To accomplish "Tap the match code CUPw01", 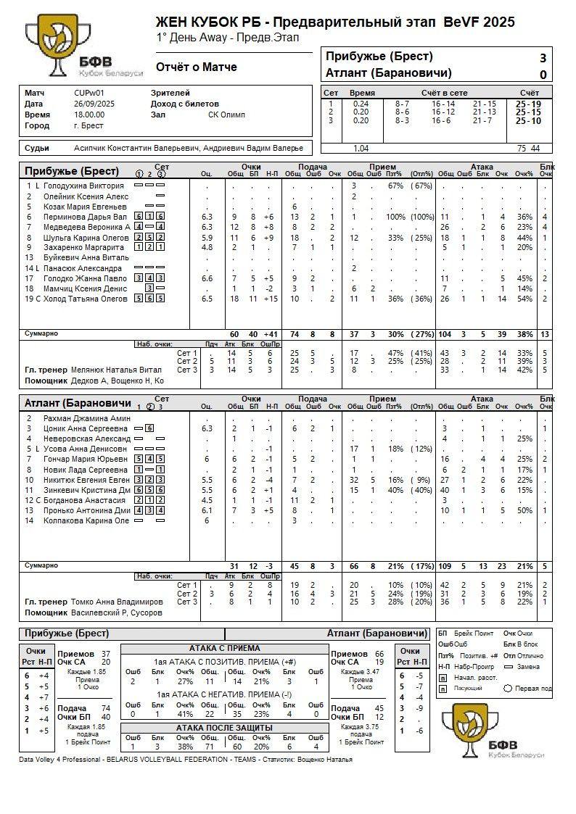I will coord(89,93).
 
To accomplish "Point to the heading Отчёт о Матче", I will coord(197,67).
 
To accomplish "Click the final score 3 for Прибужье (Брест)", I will coord(543,58).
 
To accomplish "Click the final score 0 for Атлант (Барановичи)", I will coord(543,74).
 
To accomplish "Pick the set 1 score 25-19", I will coord(527,104).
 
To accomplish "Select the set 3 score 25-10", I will coord(527,120).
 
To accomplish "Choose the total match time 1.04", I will coord(361,148).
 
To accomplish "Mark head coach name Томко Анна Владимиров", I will coord(118,602).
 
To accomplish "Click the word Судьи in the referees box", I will coord(37,148).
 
